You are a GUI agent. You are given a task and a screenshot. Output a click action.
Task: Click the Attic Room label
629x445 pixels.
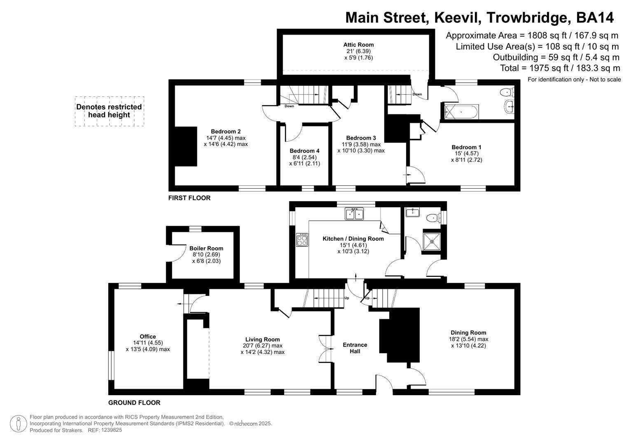358,45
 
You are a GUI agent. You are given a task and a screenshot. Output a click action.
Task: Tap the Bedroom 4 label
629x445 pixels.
304,151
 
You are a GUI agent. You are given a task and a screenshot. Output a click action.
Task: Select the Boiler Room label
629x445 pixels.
206,248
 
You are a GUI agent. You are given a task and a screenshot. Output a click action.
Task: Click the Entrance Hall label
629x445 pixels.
355,348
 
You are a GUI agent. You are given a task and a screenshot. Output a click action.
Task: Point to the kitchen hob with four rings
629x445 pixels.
302,240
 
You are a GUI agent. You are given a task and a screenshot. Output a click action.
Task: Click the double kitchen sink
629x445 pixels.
354,214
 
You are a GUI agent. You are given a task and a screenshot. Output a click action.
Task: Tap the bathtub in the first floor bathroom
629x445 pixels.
461,111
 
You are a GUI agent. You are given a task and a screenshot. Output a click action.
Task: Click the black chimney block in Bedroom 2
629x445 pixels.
186,146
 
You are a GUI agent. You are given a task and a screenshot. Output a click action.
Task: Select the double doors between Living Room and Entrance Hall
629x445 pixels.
325,349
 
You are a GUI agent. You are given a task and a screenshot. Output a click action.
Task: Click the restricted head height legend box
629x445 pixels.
109,111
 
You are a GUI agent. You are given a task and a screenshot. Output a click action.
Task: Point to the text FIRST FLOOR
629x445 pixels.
189,198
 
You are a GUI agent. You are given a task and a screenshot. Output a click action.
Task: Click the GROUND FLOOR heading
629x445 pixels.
134,403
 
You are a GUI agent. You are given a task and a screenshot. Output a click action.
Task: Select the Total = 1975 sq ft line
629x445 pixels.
559,68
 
